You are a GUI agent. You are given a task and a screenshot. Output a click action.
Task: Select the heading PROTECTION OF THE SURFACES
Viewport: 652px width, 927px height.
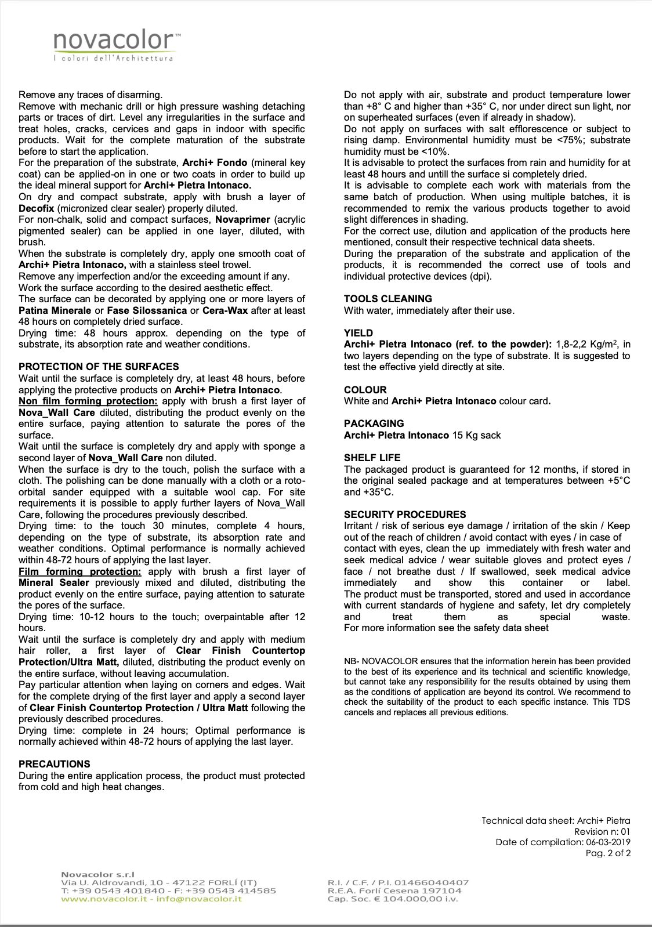coord(99,367)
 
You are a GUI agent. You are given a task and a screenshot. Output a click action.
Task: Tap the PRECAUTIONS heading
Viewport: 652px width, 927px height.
coord(55,764)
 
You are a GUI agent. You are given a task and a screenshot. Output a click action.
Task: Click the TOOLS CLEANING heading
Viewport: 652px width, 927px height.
coord(388,299)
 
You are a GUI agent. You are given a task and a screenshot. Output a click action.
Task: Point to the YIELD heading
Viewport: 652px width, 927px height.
coord(358,333)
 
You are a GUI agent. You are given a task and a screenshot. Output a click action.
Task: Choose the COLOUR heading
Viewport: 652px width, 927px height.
coord(365,390)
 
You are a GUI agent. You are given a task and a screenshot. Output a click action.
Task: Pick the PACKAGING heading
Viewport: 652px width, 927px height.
coord(374,423)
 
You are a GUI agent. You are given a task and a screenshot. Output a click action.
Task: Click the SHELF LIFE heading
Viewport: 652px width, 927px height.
coord(372,458)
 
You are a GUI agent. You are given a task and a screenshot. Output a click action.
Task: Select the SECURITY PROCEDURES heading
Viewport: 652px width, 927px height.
coord(405,515)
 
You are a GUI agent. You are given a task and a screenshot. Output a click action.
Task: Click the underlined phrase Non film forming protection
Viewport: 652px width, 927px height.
coord(88,401)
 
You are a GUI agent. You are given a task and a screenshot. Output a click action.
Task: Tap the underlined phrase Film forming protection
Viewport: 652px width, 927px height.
coord(79,572)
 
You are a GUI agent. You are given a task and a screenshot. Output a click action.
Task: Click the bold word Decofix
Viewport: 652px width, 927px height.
coord(37,208)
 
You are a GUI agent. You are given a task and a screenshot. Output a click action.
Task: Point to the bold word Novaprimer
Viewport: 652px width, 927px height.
coord(243,220)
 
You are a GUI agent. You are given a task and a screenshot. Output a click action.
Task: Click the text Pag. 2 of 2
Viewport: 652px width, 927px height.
coord(608,853)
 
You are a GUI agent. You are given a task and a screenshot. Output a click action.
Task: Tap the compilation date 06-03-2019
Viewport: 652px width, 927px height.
coord(608,842)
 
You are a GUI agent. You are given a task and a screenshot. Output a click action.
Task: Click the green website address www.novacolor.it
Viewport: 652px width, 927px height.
coord(103,899)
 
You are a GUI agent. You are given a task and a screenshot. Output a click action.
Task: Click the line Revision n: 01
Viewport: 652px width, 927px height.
coord(602,832)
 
